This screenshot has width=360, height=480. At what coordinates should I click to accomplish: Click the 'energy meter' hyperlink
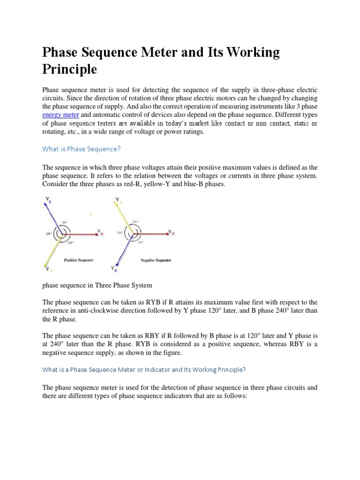[x=60, y=114]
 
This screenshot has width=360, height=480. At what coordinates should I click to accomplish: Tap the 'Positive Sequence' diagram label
[x=78, y=260]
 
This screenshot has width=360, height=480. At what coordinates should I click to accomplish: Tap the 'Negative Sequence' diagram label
[x=156, y=260]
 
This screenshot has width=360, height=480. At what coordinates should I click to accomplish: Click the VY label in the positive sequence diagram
[x=48, y=270]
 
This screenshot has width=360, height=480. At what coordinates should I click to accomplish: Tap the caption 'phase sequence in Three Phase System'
[x=97, y=285]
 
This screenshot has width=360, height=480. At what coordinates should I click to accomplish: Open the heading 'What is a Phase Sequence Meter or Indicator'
[x=143, y=369]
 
